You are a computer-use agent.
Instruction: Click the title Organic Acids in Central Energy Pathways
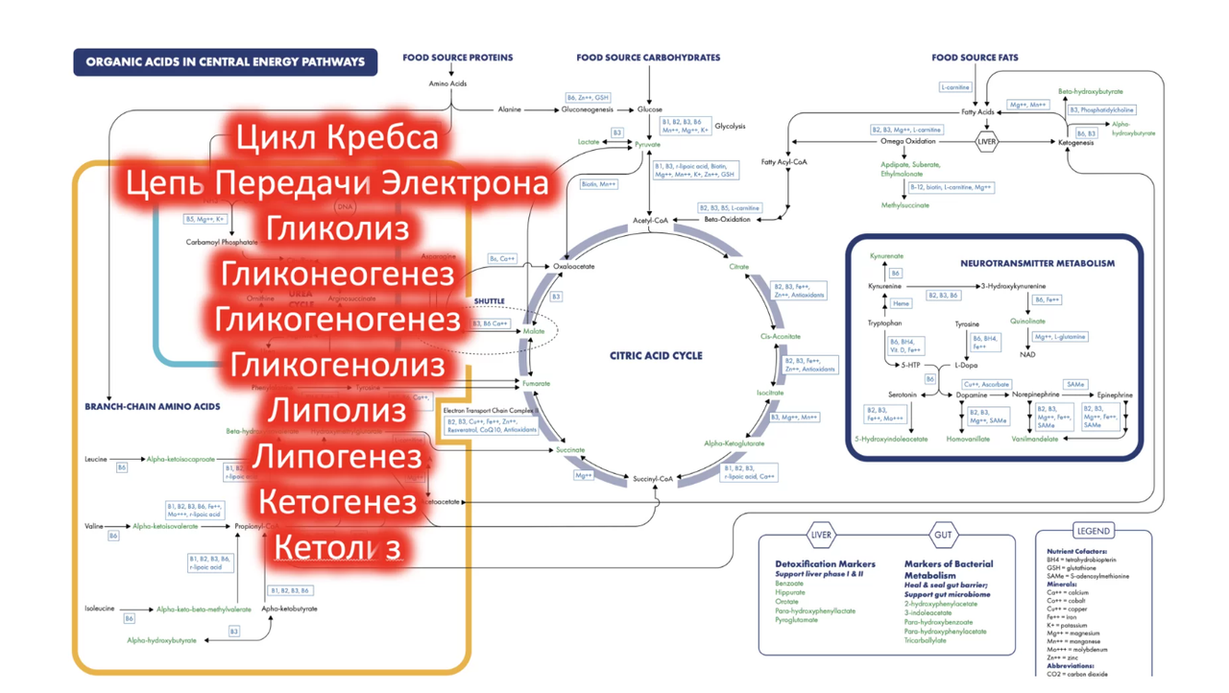pyautogui.click(x=226, y=62)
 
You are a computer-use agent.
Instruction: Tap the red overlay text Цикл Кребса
pyautogui.click(x=337, y=137)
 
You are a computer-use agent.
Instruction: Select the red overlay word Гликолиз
pyautogui.click(x=337, y=228)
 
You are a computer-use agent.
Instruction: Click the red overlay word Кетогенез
pyautogui.click(x=337, y=501)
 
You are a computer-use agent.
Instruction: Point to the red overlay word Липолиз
pyautogui.click(x=337, y=411)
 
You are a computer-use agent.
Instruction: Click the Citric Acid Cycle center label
pyautogui.click(x=656, y=355)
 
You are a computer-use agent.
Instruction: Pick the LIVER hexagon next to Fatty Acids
pyautogui.click(x=986, y=142)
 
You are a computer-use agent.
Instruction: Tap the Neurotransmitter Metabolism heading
pyautogui.click(x=1037, y=263)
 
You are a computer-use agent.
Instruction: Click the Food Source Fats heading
pyautogui.click(x=975, y=58)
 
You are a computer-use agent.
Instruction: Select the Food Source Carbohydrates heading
pyautogui.click(x=648, y=58)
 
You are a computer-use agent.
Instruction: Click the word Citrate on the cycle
pyautogui.click(x=738, y=267)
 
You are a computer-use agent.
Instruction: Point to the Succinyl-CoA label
pyautogui.click(x=652, y=478)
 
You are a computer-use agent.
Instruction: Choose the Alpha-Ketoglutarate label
pyautogui.click(x=735, y=443)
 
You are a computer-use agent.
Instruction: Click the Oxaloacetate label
pyautogui.click(x=574, y=267)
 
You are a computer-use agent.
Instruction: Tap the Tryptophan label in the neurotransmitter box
pyautogui.click(x=884, y=323)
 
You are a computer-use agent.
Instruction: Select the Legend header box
pyautogui.click(x=1093, y=531)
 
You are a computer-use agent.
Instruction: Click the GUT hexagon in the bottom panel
pyautogui.click(x=943, y=535)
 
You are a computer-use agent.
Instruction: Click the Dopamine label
pyautogui.click(x=972, y=395)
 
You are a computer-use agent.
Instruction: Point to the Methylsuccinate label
pyautogui.click(x=905, y=205)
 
